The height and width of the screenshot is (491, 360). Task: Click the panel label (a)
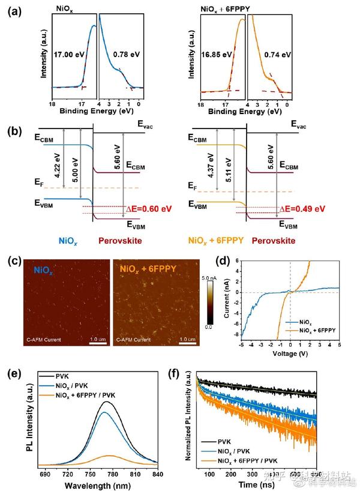click(14, 10)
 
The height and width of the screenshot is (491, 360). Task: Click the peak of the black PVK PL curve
click(106, 402)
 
